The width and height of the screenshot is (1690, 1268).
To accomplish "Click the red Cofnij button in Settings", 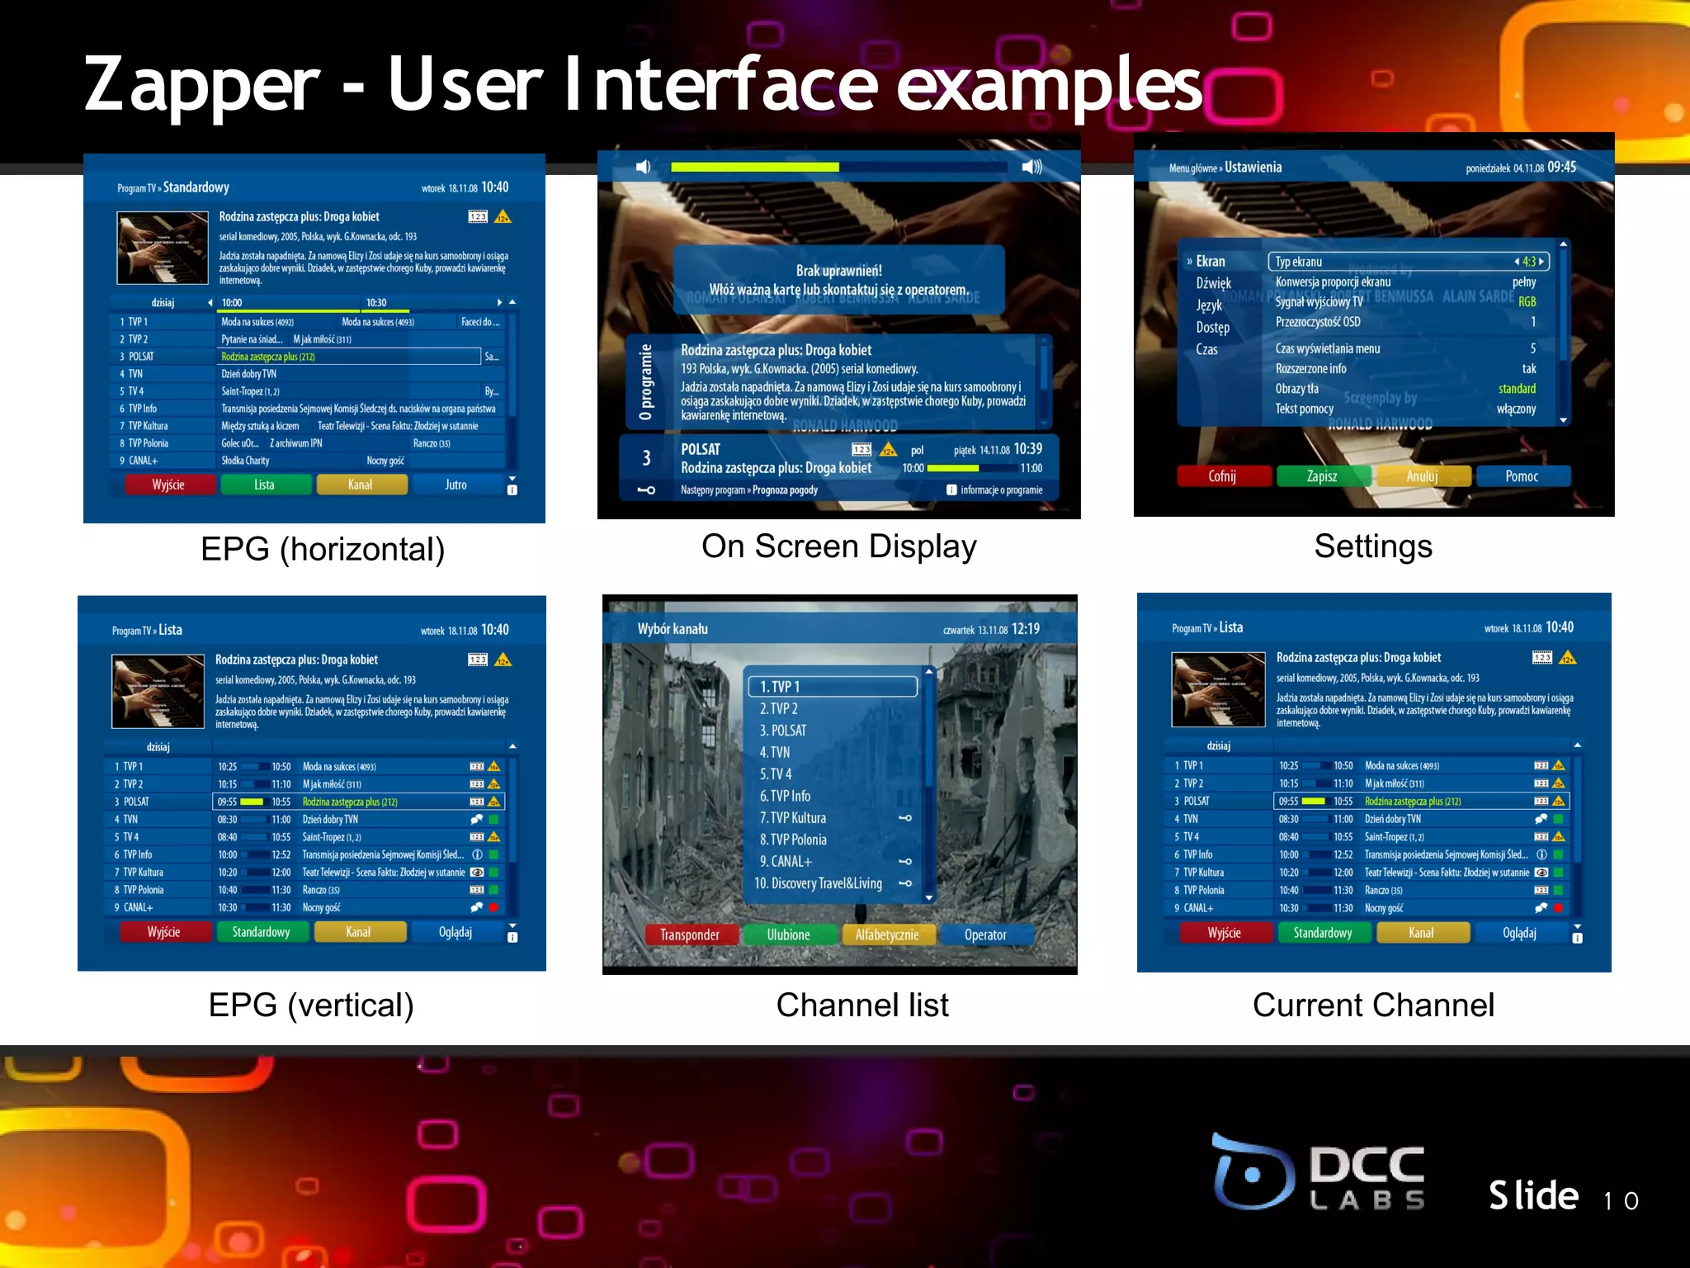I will click(x=1222, y=476).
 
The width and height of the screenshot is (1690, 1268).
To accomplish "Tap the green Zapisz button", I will click(x=1322, y=476).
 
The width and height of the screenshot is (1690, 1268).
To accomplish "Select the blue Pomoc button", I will click(x=1522, y=476).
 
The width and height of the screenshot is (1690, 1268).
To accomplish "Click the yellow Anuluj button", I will click(x=1422, y=476).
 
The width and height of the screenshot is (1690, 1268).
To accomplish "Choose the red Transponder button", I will click(x=690, y=934).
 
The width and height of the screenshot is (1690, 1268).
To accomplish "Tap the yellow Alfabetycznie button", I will click(x=887, y=934).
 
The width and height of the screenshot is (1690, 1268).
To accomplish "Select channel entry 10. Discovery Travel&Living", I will click(x=819, y=883).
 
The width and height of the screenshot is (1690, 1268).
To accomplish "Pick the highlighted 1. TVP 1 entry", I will click(x=833, y=687).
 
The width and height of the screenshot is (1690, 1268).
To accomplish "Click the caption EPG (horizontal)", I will click(x=323, y=549).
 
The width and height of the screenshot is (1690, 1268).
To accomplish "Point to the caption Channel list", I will click(x=862, y=1005).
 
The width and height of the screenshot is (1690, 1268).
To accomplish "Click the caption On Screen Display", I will click(x=838, y=546).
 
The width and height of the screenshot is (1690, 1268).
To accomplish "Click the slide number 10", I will click(x=1621, y=1200).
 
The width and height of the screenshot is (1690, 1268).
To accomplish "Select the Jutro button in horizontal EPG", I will click(x=456, y=485).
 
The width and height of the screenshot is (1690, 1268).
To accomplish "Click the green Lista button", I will click(x=264, y=485).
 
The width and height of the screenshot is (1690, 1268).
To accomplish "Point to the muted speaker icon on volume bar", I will click(x=644, y=168).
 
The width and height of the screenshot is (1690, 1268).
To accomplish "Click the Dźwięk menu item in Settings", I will click(x=1213, y=283).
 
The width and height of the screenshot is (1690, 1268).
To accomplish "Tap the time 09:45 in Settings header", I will click(x=1561, y=167).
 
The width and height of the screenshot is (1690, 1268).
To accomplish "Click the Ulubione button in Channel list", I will click(x=788, y=934).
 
